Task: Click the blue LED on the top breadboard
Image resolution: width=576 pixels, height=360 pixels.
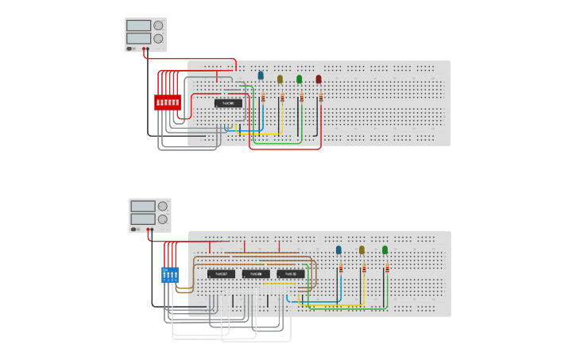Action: (x=261, y=75)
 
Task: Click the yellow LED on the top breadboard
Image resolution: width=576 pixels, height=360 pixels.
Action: (x=280, y=79)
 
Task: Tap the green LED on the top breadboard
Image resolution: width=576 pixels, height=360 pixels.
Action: (x=300, y=79)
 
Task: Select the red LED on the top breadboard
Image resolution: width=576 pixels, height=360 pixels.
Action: (x=319, y=79)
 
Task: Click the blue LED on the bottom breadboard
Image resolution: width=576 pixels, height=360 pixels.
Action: (x=338, y=250)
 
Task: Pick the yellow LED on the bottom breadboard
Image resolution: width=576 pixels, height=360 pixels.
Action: (x=361, y=250)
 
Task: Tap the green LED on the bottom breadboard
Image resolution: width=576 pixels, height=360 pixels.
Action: (x=385, y=250)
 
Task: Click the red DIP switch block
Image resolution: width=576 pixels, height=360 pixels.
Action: (x=168, y=103)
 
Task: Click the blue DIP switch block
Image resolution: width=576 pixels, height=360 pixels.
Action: (x=170, y=274)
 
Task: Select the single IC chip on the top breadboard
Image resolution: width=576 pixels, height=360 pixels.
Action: (x=228, y=103)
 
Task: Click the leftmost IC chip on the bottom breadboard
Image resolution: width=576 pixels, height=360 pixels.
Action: (x=221, y=274)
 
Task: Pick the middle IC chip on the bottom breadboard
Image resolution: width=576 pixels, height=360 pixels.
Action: (x=256, y=274)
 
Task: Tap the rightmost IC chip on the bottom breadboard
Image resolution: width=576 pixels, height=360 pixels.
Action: (x=291, y=274)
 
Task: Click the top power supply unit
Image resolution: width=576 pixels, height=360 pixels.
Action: (x=145, y=35)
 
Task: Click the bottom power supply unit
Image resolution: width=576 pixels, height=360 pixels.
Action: (x=150, y=215)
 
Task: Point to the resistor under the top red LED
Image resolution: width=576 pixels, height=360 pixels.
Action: (x=321, y=98)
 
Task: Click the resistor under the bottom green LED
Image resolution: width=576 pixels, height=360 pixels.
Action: (x=387, y=269)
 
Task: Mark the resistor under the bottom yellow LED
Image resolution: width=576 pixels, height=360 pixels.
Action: (x=364, y=269)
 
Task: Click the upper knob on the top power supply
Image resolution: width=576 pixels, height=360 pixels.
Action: (x=158, y=25)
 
